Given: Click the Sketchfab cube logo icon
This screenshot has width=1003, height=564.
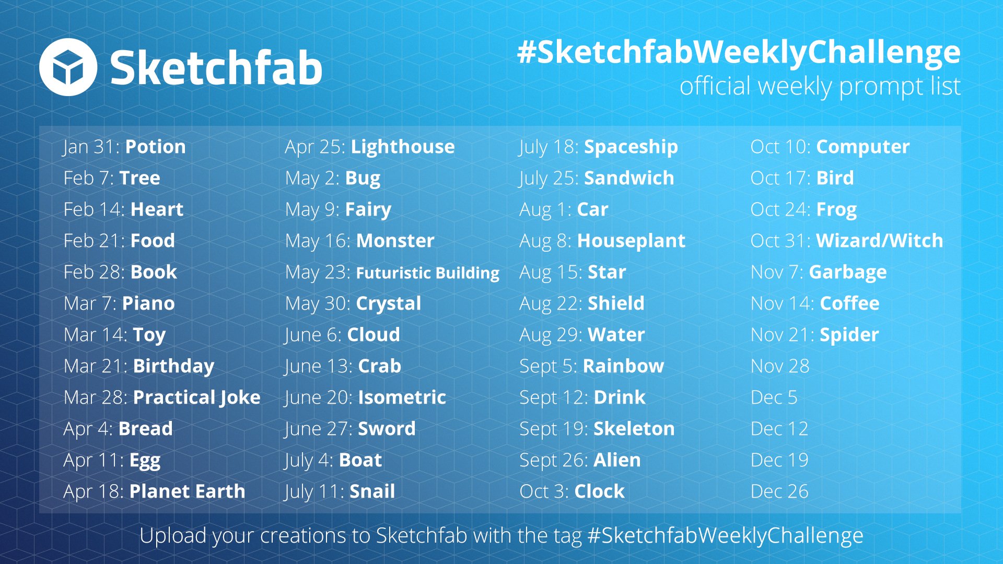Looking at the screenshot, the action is (x=68, y=67).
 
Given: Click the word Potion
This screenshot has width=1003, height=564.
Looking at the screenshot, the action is (x=156, y=147).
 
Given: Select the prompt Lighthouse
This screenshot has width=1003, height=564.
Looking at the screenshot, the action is (x=403, y=147).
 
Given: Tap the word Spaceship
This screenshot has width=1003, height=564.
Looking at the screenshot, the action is (x=631, y=147).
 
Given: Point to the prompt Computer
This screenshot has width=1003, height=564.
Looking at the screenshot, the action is (x=863, y=147).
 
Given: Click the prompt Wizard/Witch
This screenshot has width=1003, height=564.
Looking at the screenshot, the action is (x=880, y=241).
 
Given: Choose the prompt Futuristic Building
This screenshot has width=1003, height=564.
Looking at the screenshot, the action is (x=428, y=273).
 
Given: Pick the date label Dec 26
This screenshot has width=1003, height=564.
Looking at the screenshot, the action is (x=779, y=491).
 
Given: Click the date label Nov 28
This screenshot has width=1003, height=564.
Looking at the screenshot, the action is (x=780, y=366).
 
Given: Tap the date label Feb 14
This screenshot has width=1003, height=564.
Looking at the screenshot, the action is (x=93, y=209).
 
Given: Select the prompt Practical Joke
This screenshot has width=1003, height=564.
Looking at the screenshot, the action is (x=197, y=398).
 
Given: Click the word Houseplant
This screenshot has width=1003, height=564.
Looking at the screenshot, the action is (x=631, y=241).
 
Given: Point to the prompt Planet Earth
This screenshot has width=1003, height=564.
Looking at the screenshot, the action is (x=187, y=491).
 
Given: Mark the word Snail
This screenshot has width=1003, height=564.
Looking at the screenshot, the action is (x=372, y=491).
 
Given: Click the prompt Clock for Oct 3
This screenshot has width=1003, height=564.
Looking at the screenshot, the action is (x=599, y=491).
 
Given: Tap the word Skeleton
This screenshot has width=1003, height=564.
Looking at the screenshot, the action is (x=634, y=429).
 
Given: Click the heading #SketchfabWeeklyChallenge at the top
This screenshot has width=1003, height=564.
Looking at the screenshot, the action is (x=739, y=53).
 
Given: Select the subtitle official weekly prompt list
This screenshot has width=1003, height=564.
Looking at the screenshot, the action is (x=820, y=87).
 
